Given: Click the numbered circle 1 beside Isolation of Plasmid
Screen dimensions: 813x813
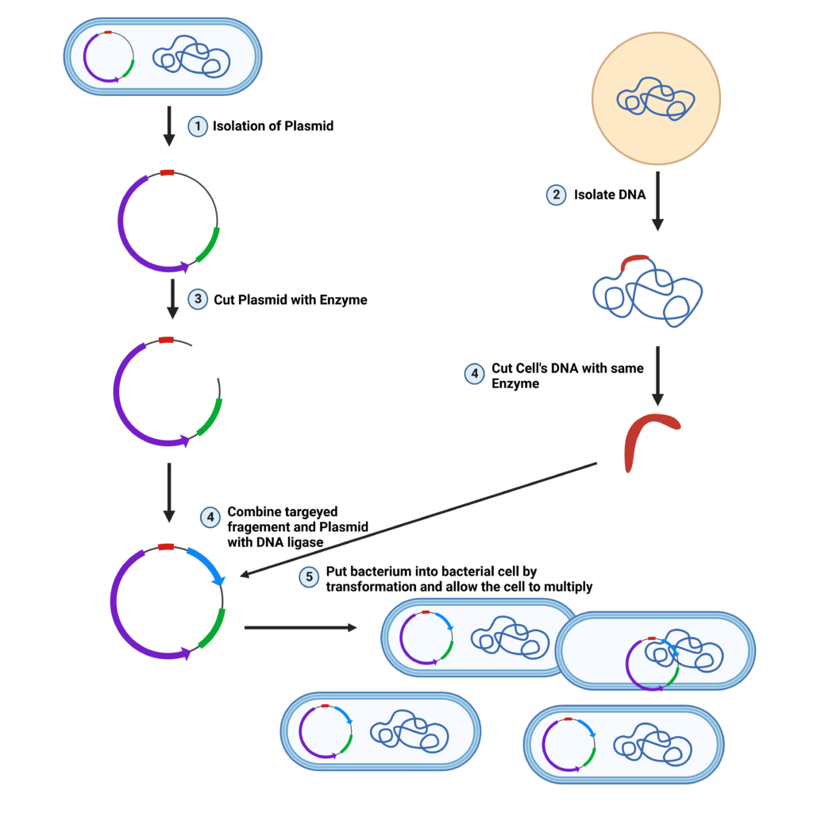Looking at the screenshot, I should tap(197, 125).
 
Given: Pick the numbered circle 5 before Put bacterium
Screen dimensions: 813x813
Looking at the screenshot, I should tap(309, 577).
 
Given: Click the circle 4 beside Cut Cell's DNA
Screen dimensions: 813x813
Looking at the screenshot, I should tap(474, 374).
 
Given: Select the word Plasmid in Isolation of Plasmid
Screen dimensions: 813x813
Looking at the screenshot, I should tap(310, 125).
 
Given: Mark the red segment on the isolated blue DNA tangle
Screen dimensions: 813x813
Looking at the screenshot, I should tap(634, 260).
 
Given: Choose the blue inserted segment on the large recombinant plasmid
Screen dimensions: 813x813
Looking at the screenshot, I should tap(206, 565).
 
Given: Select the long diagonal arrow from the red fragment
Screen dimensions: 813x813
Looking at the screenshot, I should tap(421, 518).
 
